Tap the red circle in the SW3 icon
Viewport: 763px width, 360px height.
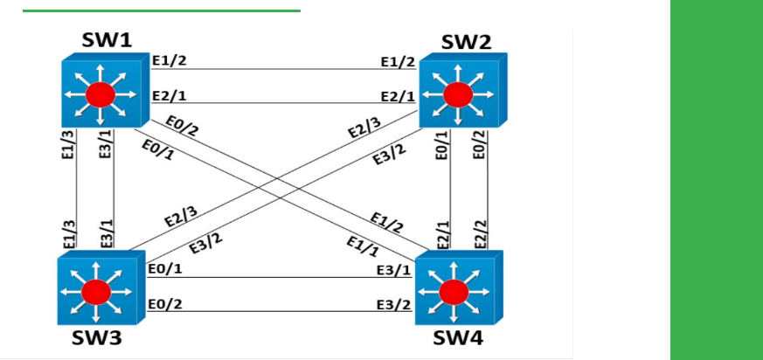tap(97, 290)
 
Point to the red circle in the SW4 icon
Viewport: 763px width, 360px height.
tap(453, 290)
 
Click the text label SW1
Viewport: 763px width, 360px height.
tap(107, 39)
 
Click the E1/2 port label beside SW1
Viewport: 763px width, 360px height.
tap(169, 61)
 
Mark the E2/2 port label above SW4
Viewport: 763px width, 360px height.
tap(479, 233)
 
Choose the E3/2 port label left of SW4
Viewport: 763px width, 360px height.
tap(393, 305)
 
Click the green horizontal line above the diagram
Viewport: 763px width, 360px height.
tap(161, 10)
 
